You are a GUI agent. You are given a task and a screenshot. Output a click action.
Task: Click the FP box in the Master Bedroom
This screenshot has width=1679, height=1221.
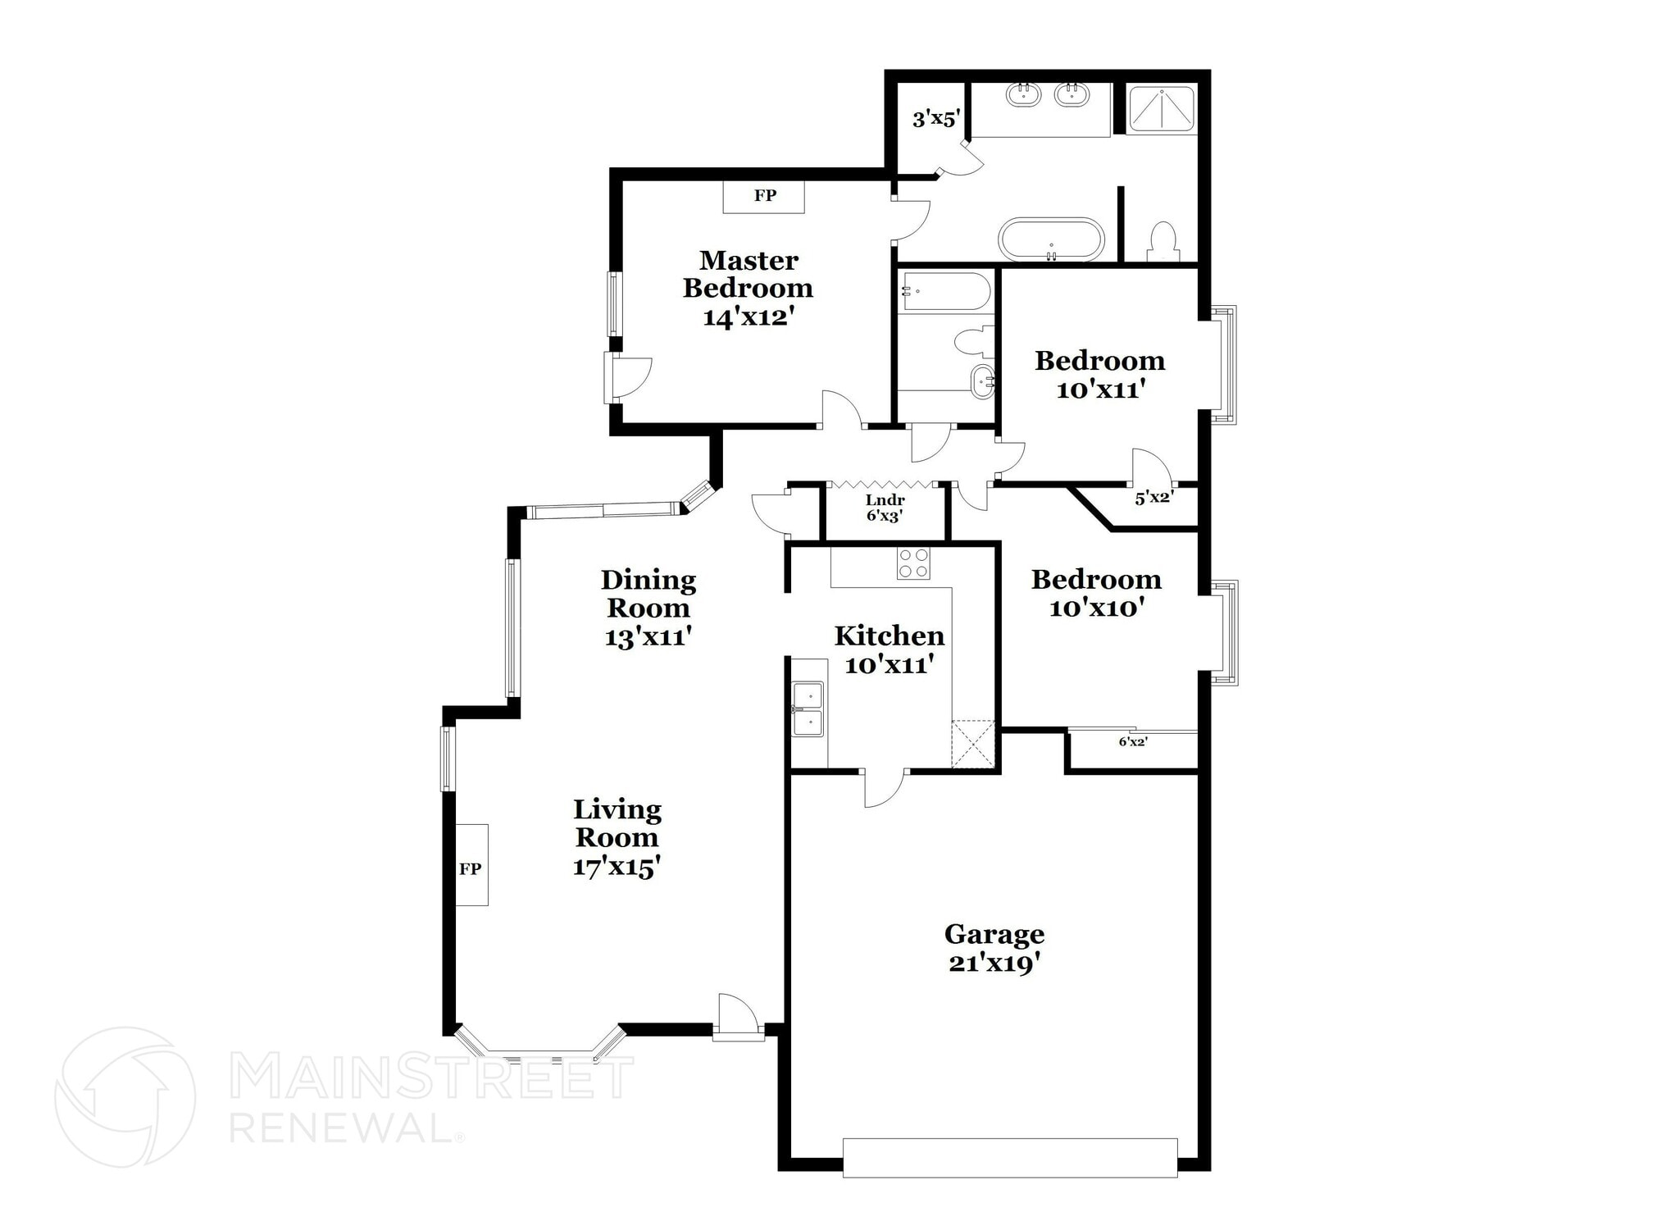tap(764, 197)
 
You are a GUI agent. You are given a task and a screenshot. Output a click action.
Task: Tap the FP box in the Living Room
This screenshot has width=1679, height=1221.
tap(471, 865)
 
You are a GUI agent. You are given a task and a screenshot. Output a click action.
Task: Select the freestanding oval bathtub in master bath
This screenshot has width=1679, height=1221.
tap(1051, 239)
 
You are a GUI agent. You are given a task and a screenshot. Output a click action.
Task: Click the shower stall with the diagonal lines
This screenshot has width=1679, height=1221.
tap(1162, 110)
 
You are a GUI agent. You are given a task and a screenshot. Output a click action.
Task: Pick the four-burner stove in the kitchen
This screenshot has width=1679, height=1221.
tap(913, 563)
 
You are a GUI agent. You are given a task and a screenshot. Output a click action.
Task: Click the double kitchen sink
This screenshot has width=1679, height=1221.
tap(808, 709)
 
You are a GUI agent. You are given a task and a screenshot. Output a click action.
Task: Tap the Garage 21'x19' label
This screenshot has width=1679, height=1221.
tap(994, 948)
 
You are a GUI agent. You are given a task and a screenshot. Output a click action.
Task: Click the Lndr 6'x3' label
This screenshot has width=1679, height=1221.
tap(885, 508)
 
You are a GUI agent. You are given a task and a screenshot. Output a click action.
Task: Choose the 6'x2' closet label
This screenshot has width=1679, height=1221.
tap(1133, 742)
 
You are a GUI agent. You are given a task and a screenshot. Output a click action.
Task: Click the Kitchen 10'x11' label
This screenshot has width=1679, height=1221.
tap(890, 649)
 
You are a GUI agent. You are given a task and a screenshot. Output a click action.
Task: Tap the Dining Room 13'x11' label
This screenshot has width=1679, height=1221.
tap(648, 608)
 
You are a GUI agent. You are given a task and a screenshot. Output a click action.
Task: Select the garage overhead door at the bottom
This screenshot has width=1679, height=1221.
tap(1010, 1158)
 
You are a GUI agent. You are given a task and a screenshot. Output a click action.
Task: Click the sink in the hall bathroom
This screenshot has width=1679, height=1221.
tap(982, 380)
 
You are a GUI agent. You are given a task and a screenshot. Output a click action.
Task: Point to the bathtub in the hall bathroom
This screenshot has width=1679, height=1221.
tap(946, 292)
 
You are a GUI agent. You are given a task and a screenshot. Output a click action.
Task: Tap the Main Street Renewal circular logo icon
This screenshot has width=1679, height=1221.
tap(125, 1096)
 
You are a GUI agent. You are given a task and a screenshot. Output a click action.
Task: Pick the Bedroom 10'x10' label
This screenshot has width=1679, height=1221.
tap(1096, 593)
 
